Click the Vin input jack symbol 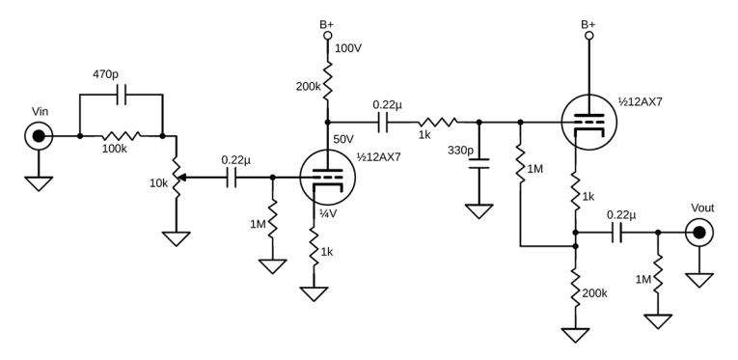(x=38, y=136)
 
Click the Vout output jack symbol (x=698, y=232)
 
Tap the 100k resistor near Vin (x=121, y=136)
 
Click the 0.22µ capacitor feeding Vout (x=616, y=232)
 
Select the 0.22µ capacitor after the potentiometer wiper (x=232, y=178)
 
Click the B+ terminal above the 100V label (x=328, y=37)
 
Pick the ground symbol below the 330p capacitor (x=479, y=209)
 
